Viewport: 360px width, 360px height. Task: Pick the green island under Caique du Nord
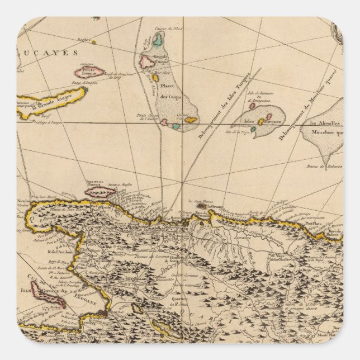(159, 40)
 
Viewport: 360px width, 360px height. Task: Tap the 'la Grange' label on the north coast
(216, 207)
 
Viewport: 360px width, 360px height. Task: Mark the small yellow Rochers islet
(93, 41)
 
